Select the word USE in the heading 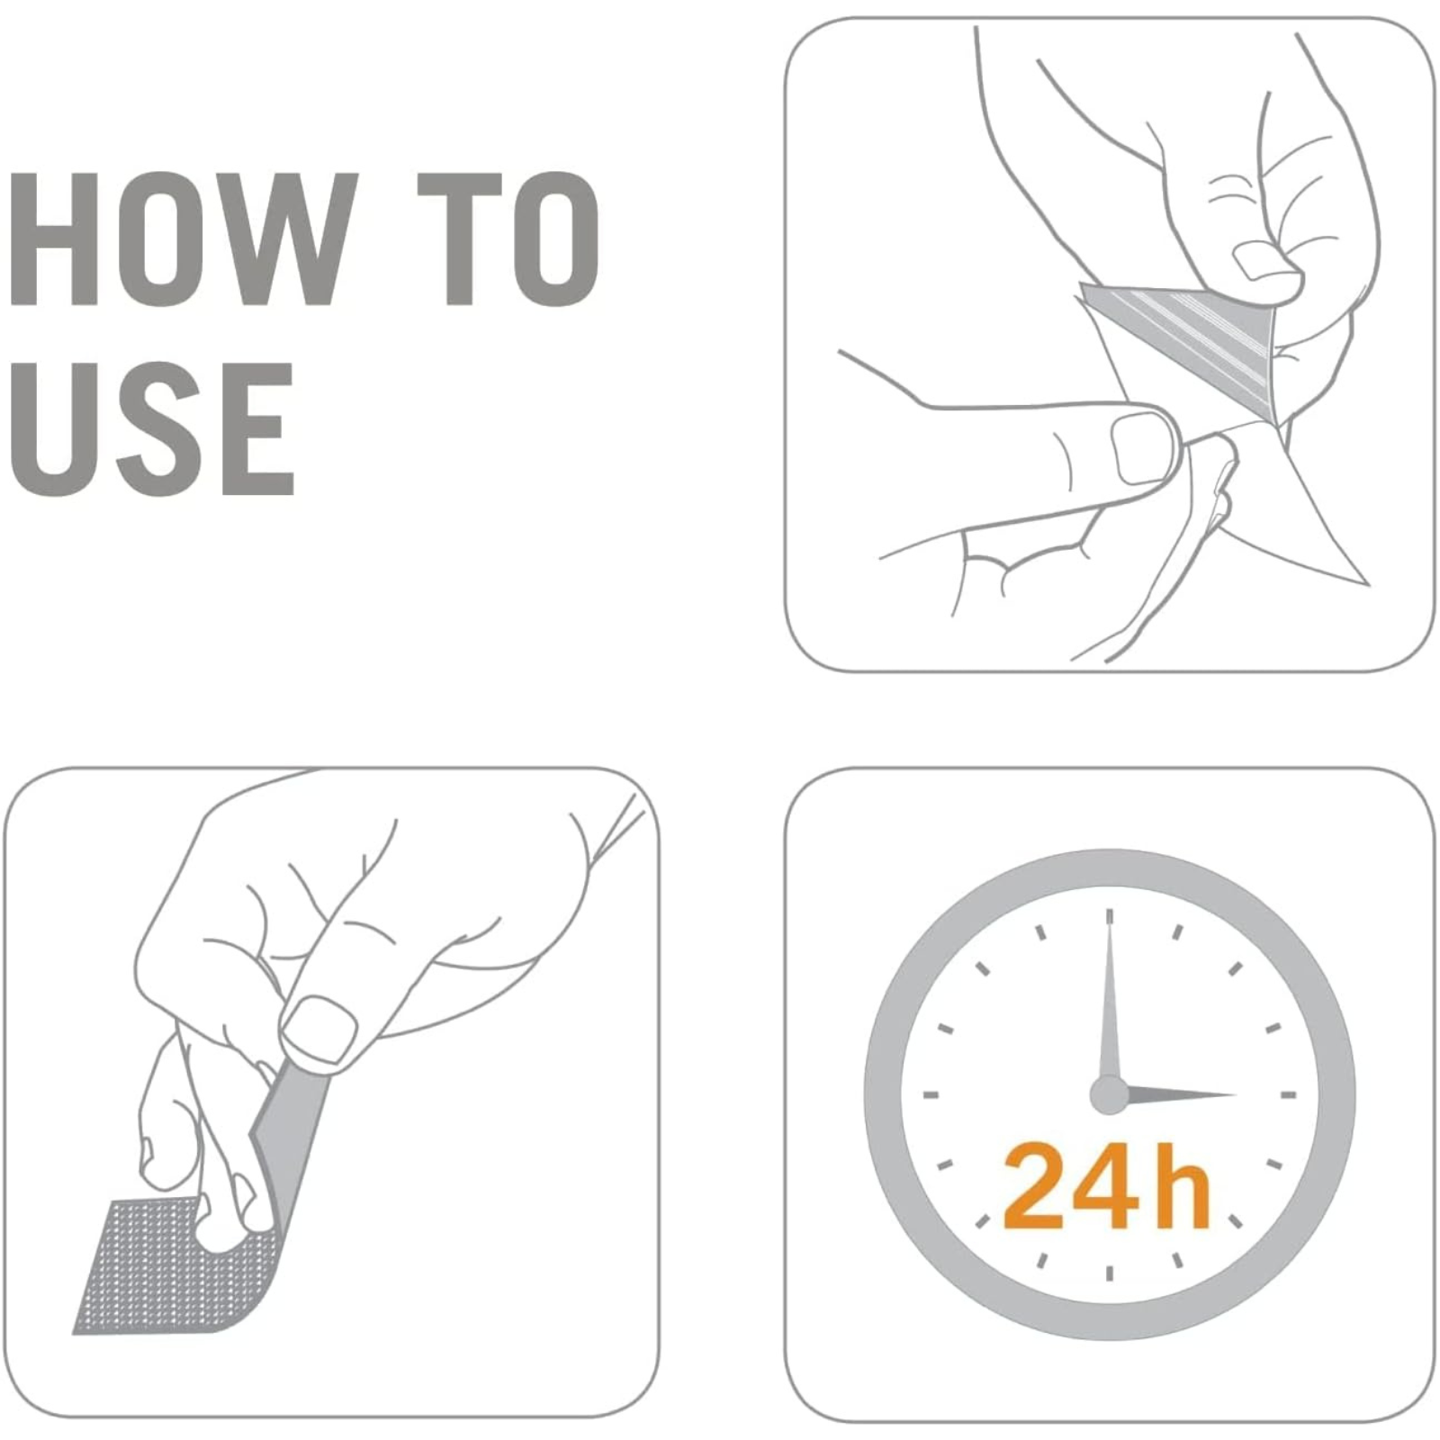(152, 428)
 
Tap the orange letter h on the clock (1179, 1183)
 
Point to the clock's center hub (1109, 1095)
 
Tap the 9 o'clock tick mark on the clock (931, 1095)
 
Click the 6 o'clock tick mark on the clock (1110, 1273)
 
